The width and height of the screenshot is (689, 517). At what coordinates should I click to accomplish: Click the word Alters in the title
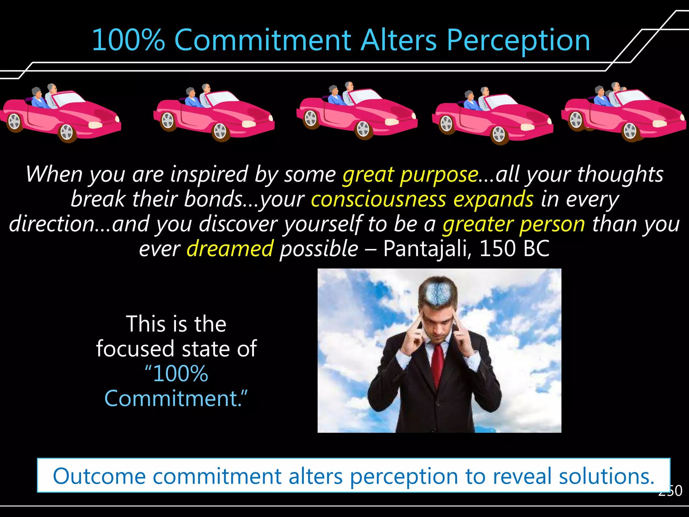399,40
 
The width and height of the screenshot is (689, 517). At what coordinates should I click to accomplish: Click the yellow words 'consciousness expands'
422,199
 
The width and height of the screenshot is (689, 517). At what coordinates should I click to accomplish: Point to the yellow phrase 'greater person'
514,224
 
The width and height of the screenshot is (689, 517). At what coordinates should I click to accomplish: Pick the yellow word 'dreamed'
230,249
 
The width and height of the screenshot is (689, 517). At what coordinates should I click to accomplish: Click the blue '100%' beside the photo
180,374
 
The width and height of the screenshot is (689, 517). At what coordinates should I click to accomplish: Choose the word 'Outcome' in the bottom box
99,476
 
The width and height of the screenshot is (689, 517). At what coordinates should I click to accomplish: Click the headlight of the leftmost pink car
95,125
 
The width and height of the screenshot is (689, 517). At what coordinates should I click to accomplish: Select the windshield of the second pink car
220,98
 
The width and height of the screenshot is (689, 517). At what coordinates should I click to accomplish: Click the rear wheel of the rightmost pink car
576,120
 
